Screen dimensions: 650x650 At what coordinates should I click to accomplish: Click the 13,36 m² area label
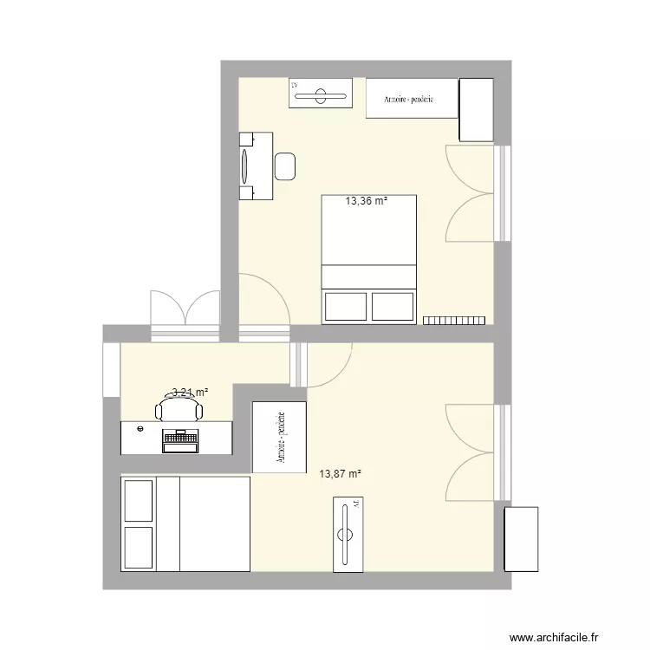pos(366,202)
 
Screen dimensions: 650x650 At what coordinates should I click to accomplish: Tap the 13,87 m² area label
pos(340,473)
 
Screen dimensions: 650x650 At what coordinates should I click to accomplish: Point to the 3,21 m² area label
pos(190,393)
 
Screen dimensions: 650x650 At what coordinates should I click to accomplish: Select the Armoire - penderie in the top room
pos(412,99)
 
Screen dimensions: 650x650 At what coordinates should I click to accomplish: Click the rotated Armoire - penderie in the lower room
pos(279,438)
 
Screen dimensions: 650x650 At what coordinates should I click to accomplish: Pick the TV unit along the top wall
pos(322,94)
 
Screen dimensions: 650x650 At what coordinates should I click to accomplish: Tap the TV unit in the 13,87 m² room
pos(348,534)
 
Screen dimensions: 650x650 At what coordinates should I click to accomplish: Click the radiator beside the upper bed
pos(453,320)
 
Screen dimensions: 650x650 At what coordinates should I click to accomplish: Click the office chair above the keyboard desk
pos(179,408)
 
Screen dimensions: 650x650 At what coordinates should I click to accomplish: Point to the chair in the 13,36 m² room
pos(285,165)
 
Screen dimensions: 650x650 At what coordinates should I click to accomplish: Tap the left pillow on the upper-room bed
pos(346,306)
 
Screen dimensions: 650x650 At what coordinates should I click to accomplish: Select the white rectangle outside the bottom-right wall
pos(521,539)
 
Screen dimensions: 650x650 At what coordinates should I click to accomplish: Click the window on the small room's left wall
pos(111,370)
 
